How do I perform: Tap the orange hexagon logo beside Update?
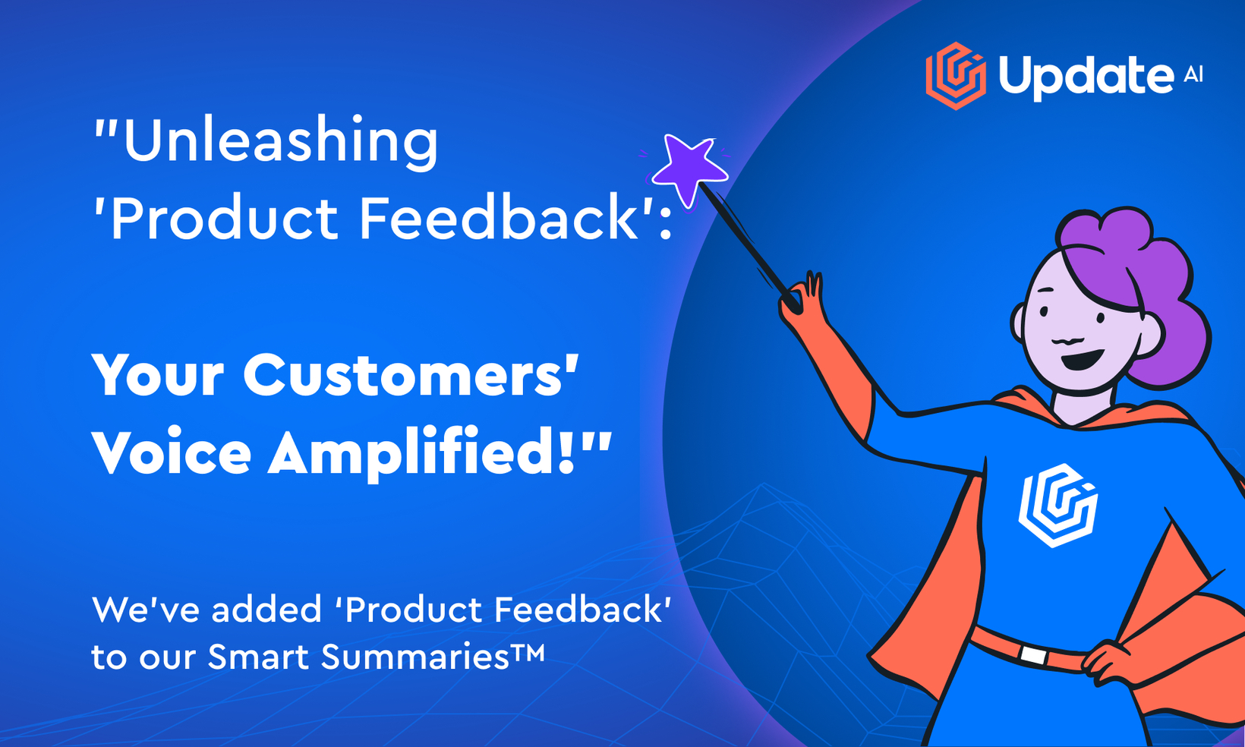(x=956, y=76)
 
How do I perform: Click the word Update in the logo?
(x=1086, y=77)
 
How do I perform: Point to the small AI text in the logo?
(x=1193, y=74)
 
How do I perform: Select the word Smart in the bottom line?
(x=258, y=656)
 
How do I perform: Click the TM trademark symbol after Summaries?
(x=528, y=651)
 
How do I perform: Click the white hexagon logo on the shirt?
(x=1057, y=506)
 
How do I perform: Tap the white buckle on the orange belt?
(x=1033, y=654)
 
